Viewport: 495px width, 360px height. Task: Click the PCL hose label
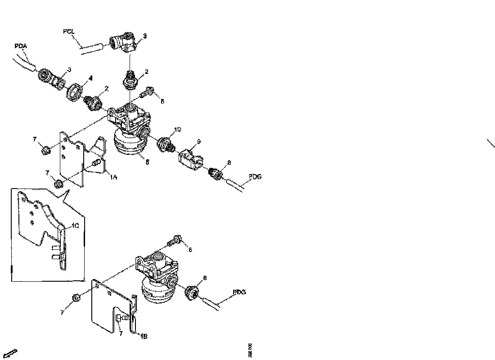click(69, 31)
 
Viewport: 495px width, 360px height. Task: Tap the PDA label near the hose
click(21, 45)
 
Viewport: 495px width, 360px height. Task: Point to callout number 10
click(177, 129)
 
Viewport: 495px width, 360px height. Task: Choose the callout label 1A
click(113, 177)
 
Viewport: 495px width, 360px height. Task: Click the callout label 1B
click(143, 335)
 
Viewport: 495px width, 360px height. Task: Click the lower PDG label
click(239, 292)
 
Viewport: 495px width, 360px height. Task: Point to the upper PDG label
click(255, 177)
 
